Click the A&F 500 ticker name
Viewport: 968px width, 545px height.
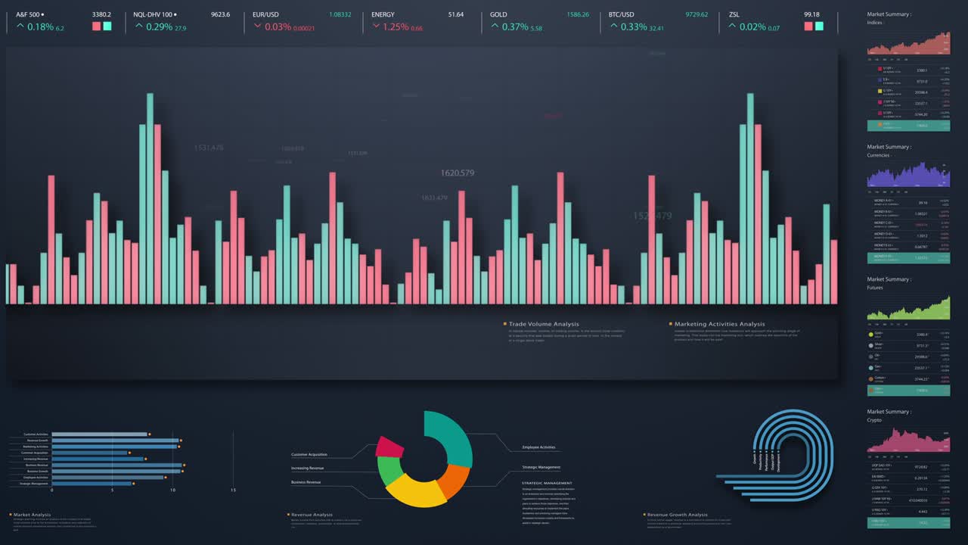pyautogui.click(x=28, y=14)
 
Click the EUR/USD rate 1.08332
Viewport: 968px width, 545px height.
pyautogui.click(x=340, y=14)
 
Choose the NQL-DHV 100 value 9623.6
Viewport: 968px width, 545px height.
pyautogui.click(x=220, y=14)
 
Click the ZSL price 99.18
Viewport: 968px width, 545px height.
pyautogui.click(x=811, y=14)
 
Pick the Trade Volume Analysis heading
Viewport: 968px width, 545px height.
pyautogui.click(x=544, y=324)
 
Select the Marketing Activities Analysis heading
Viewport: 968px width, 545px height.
pyautogui.click(x=719, y=324)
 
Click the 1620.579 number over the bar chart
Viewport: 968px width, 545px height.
pyautogui.click(x=457, y=173)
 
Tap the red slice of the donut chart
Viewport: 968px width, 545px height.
pyautogui.click(x=389, y=447)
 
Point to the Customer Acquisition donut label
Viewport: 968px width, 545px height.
pyautogui.click(x=309, y=454)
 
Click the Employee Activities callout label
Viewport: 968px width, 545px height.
pyautogui.click(x=538, y=447)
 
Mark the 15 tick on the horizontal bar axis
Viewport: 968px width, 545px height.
pyautogui.click(x=233, y=490)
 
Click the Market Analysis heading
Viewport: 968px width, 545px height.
pyautogui.click(x=32, y=515)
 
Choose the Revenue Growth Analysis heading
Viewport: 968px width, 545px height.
pyautogui.click(x=677, y=515)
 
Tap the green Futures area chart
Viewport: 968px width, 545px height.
pyautogui.click(x=908, y=309)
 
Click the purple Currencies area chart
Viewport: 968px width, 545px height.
pyautogui.click(x=908, y=176)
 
